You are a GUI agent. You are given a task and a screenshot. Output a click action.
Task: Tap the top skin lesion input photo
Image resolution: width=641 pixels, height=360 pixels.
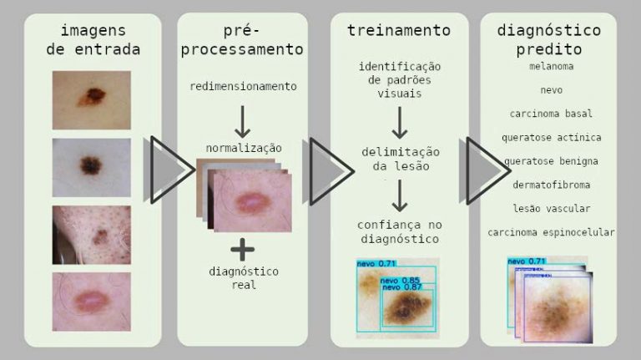pos(92,99)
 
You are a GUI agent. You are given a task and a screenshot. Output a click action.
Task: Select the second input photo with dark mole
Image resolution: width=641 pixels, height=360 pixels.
pos(92,167)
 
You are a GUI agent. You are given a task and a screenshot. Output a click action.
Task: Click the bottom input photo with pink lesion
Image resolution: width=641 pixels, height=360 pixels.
pos(92,301)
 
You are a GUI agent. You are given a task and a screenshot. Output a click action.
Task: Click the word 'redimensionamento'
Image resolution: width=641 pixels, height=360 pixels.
pos(243,86)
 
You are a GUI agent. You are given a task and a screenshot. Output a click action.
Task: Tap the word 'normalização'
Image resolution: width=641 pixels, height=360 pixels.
pos(243,148)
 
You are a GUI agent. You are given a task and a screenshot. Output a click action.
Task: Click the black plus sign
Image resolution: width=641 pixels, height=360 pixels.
pos(243,248)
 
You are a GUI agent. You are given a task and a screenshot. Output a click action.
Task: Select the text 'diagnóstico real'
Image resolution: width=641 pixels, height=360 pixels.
pos(243,278)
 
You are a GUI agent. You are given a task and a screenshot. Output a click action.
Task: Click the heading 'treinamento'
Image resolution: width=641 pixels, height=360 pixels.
pos(399,31)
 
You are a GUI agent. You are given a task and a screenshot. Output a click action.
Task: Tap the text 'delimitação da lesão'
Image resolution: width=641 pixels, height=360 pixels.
pos(400,158)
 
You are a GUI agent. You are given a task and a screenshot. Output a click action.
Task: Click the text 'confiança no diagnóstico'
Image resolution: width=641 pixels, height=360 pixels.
pos(399,231)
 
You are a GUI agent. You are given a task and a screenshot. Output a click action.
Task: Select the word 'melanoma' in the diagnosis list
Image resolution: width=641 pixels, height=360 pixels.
pos(551,65)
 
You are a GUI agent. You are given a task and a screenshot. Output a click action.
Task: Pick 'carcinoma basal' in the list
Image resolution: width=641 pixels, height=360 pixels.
pos(551,113)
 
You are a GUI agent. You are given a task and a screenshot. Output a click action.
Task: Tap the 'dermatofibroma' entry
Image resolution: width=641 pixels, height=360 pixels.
pos(551,184)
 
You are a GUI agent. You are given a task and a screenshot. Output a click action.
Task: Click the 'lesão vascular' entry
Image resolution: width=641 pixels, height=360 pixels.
pos(551,208)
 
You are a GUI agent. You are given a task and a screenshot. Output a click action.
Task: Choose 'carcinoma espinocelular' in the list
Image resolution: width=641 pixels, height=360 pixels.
pos(551,231)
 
